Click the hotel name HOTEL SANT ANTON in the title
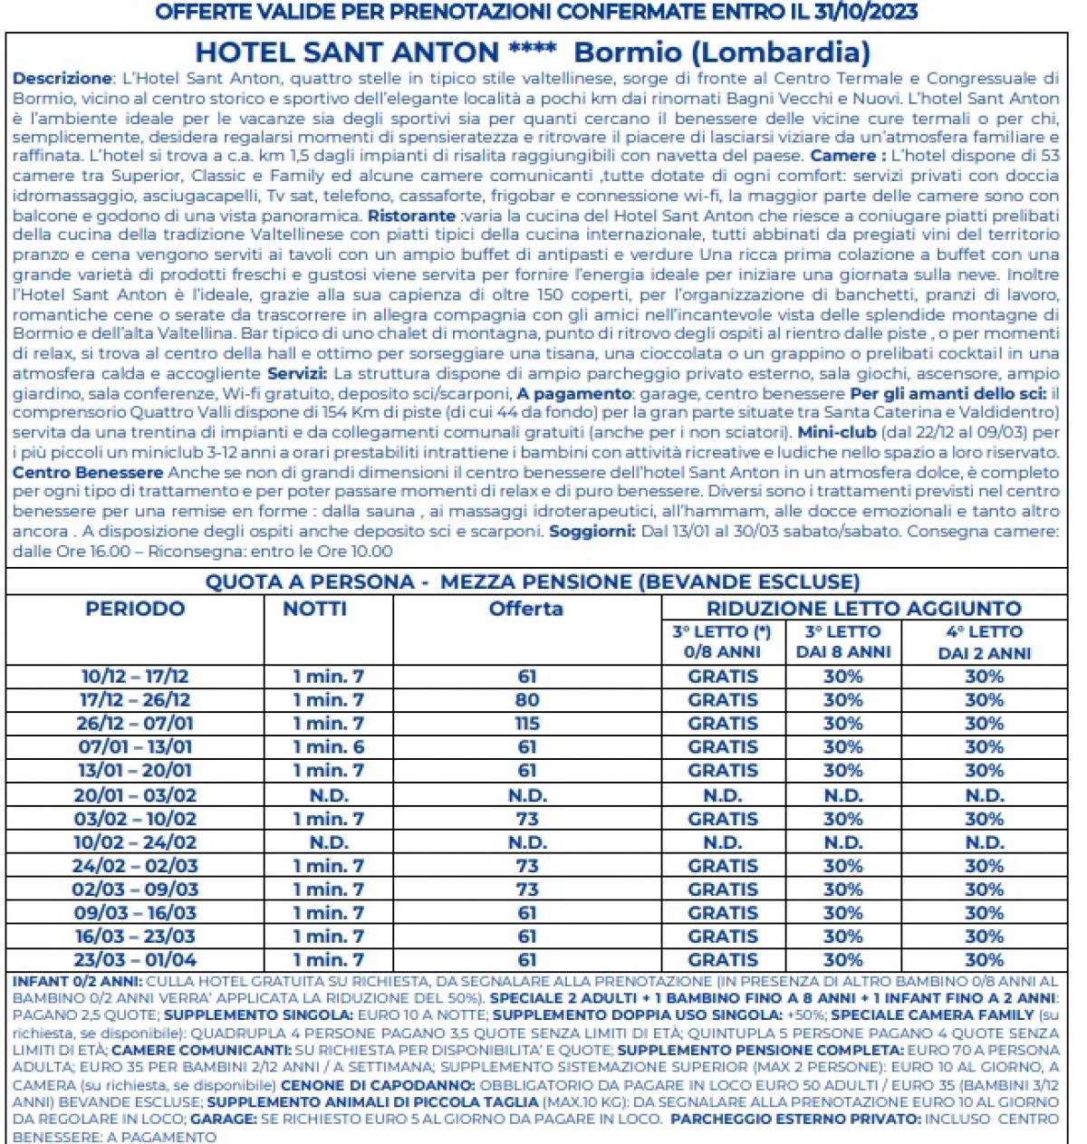(347, 53)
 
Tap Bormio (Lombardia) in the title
(722, 53)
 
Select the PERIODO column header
(135, 609)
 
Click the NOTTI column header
(314, 609)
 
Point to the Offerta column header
(526, 609)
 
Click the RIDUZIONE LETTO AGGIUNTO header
(863, 609)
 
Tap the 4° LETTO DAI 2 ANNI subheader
(984, 642)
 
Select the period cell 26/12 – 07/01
(135, 724)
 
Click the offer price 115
(527, 724)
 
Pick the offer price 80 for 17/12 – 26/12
(527, 700)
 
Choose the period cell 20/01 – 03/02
(135, 795)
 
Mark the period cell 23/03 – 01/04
(135, 960)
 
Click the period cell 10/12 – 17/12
(135, 677)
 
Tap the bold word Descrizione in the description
(62, 79)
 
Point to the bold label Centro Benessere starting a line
(88, 472)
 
